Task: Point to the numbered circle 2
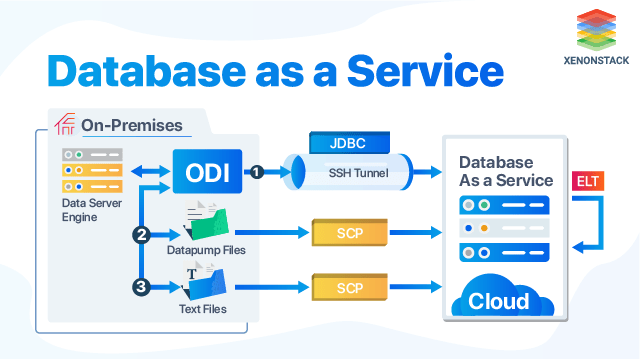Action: click(x=142, y=236)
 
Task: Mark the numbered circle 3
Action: click(x=142, y=288)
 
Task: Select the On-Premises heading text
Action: click(x=132, y=126)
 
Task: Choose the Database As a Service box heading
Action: click(x=504, y=171)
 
